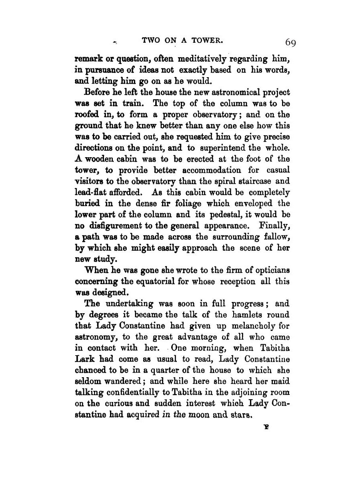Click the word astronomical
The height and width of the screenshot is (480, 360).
[228, 92]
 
